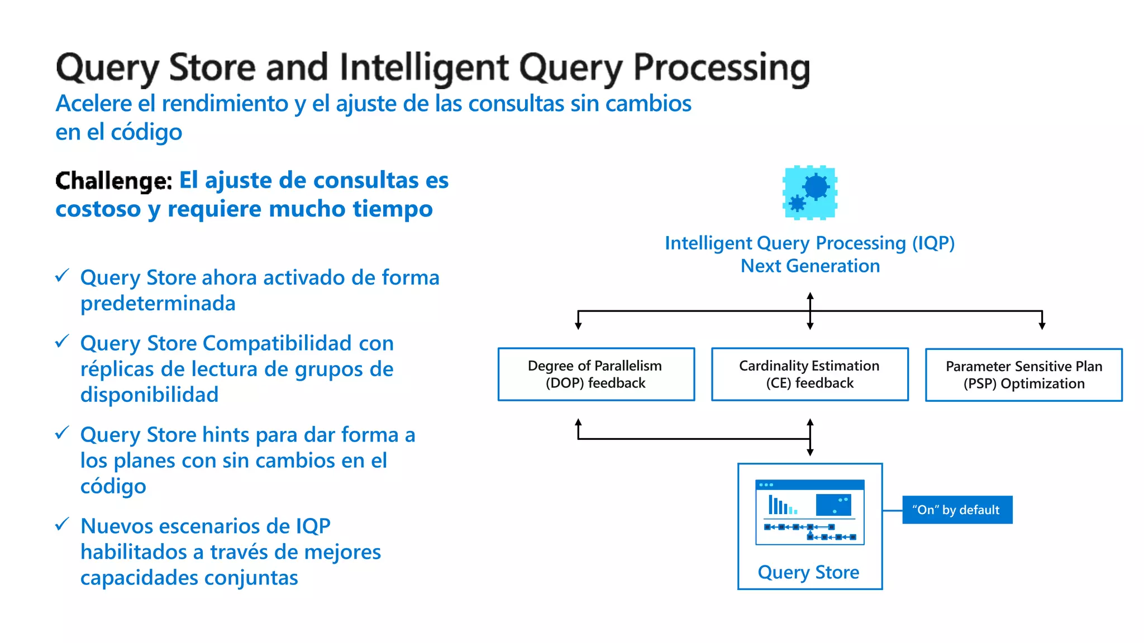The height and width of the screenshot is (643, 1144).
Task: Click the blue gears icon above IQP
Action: [x=810, y=193]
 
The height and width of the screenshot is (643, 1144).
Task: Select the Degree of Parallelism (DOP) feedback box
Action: [x=596, y=374]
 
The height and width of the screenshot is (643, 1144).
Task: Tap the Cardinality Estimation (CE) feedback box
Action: [x=809, y=374]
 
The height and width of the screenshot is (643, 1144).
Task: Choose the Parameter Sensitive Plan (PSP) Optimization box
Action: [x=1023, y=375]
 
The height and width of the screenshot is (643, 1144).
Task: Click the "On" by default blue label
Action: [x=957, y=510]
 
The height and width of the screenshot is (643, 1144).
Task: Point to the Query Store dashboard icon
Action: [x=809, y=512]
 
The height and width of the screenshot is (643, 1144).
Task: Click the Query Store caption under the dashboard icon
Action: [x=808, y=572]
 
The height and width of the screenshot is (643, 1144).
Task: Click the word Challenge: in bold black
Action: [x=114, y=181]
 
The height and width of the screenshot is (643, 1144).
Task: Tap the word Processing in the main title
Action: [x=721, y=68]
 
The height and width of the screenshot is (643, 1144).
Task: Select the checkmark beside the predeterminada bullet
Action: [x=62, y=275]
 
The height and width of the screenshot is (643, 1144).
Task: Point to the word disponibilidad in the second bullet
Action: [x=149, y=395]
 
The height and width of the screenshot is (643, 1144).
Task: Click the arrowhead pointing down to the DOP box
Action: [x=578, y=325]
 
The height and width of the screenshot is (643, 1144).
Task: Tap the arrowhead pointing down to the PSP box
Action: [x=1042, y=325]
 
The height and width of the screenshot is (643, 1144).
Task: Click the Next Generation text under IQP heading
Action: [x=810, y=266]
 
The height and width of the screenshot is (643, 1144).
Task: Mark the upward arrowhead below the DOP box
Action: [x=578, y=423]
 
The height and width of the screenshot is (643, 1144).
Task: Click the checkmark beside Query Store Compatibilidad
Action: [x=62, y=341]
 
